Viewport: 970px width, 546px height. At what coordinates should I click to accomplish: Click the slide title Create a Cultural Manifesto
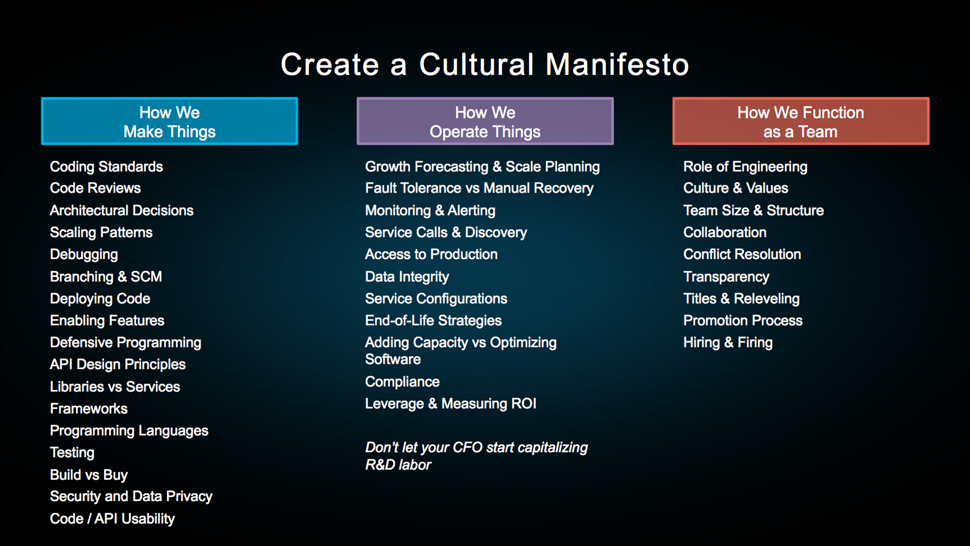click(x=485, y=64)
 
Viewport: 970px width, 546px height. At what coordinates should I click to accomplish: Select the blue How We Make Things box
click(x=169, y=121)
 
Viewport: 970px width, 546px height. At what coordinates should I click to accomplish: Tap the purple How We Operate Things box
click(x=485, y=121)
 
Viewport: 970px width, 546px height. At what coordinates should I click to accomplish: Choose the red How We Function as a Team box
click(x=801, y=121)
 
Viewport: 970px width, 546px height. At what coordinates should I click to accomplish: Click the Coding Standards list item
click(x=106, y=167)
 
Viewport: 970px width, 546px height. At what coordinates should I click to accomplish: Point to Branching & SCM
click(x=106, y=277)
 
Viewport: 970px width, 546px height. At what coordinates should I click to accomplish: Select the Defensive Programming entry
click(x=125, y=343)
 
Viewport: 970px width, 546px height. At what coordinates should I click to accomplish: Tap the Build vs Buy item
click(x=89, y=475)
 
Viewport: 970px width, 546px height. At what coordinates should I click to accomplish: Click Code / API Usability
click(x=112, y=519)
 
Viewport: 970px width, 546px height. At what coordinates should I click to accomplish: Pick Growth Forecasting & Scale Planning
click(x=482, y=167)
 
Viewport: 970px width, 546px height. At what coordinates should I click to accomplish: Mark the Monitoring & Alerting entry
click(x=430, y=210)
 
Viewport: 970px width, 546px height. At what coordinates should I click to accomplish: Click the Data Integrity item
click(x=407, y=277)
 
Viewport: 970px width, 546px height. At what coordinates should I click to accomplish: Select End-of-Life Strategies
click(x=433, y=321)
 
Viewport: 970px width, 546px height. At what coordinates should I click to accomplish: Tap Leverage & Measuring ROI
click(x=451, y=404)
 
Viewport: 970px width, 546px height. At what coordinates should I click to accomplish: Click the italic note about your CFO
click(x=477, y=456)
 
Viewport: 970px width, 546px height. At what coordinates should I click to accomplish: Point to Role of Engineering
click(x=745, y=167)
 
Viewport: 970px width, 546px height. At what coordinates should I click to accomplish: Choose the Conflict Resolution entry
click(x=742, y=254)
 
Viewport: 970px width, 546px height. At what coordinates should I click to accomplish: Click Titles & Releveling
click(x=741, y=299)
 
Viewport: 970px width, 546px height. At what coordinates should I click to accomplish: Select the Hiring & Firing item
click(x=728, y=343)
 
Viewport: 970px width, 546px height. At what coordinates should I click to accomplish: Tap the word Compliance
click(x=402, y=382)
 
